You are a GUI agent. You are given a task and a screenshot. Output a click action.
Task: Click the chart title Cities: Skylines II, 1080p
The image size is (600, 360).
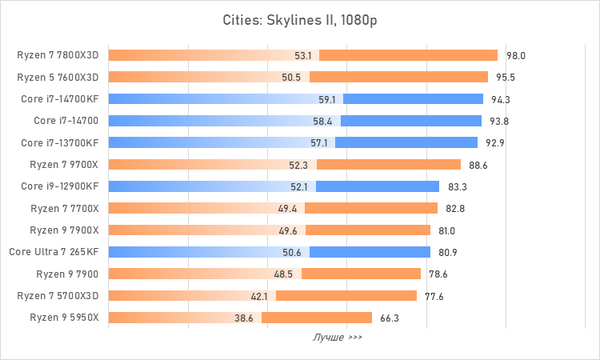tap(299, 20)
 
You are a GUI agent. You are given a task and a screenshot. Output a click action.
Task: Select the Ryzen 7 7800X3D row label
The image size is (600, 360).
tap(58, 56)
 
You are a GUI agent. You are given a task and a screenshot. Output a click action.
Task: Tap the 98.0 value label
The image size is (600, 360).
tap(516, 56)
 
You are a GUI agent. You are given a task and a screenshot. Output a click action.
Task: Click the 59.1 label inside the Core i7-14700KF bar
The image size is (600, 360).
tap(327, 99)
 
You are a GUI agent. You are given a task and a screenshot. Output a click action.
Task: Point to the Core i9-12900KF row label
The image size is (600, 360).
tap(60, 186)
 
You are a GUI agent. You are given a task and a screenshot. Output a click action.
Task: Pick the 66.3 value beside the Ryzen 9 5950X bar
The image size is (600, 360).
tap(390, 318)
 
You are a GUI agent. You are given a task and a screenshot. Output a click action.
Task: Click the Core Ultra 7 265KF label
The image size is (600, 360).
tap(54, 252)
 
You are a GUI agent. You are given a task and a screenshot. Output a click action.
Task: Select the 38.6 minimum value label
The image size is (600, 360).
tap(243, 318)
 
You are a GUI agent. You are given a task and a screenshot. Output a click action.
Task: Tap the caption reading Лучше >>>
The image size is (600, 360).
tap(337, 338)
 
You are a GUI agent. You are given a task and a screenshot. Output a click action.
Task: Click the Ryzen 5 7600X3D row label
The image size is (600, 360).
tap(58, 78)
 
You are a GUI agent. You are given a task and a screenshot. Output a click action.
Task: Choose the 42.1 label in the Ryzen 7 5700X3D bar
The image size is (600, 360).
tap(259, 296)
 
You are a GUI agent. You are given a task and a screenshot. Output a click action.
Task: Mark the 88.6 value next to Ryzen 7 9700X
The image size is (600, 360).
tap(478, 165)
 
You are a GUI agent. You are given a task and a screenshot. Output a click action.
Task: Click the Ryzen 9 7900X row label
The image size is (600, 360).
tap(64, 230)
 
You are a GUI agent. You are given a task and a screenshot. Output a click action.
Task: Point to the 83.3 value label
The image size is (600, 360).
tap(457, 186)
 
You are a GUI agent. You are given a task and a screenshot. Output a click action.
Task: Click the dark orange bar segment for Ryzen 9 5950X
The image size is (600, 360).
tap(317, 318)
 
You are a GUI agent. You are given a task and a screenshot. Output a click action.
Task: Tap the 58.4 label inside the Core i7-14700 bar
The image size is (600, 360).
tap(323, 122)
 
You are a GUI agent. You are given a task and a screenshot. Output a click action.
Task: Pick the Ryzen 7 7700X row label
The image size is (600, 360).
tap(64, 209)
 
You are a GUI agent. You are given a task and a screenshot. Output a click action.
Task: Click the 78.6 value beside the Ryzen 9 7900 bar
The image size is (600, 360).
tap(438, 274)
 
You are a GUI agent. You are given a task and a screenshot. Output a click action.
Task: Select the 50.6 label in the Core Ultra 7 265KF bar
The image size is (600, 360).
tap(292, 252)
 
